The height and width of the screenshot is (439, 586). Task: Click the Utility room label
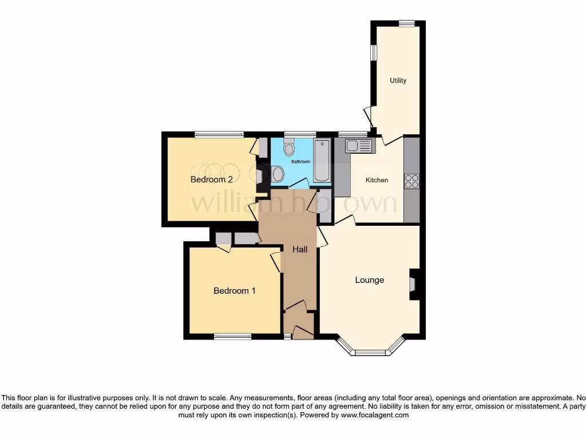point(398,81)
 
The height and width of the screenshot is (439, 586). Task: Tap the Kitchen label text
point(377,180)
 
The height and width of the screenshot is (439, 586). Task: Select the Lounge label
point(369,280)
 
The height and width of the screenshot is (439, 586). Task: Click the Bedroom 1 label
point(234,291)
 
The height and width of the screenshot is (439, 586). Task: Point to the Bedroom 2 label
point(211,179)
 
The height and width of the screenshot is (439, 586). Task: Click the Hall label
point(300,250)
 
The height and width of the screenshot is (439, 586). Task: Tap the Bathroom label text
point(300,162)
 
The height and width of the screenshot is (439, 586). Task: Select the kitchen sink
point(359,146)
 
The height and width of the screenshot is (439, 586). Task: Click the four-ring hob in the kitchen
point(411,181)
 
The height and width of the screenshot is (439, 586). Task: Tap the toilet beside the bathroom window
point(289,149)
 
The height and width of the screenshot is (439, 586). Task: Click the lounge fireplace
point(413,284)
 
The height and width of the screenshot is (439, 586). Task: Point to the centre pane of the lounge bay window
point(371,352)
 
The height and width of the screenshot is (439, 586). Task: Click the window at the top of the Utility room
point(406,23)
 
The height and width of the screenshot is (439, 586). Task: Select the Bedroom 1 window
point(232,336)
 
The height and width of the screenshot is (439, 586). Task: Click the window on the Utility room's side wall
point(373,53)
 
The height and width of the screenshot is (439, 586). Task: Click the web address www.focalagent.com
point(375,415)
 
